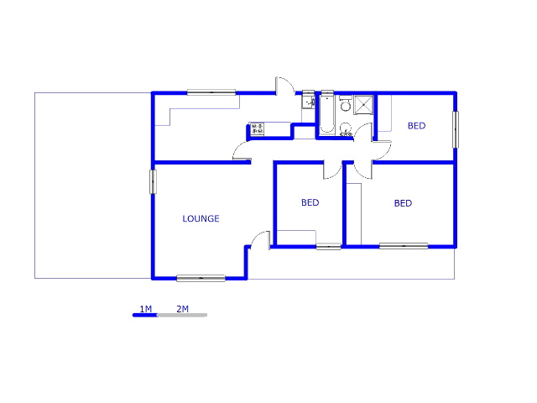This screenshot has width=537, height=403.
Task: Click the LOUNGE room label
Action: pyautogui.click(x=201, y=219)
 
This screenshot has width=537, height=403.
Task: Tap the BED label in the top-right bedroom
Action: pyautogui.click(x=416, y=126)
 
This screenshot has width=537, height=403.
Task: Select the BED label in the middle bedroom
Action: pyautogui.click(x=310, y=202)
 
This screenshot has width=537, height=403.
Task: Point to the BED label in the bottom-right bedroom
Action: pyautogui.click(x=403, y=203)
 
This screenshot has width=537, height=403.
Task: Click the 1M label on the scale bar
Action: pyautogui.click(x=145, y=309)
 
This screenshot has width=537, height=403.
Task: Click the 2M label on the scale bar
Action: pyautogui.click(x=182, y=309)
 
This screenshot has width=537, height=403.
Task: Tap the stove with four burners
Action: pyautogui.click(x=258, y=129)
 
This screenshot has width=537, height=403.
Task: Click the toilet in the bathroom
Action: pyautogui.click(x=345, y=105)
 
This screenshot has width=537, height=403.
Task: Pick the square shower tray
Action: pyautogui.click(x=364, y=104)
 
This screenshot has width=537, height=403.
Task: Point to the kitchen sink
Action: pyautogui.click(x=307, y=102)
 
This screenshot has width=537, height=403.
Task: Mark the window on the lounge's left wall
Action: pyautogui.click(x=154, y=182)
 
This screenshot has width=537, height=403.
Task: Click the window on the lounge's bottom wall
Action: pyautogui.click(x=201, y=278)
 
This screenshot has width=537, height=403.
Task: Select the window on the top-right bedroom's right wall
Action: pyautogui.click(x=456, y=129)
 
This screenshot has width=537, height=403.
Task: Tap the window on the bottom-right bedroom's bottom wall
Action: pyautogui.click(x=403, y=246)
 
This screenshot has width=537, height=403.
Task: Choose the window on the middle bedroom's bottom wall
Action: pyautogui.click(x=328, y=246)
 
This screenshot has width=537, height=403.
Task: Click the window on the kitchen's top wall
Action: pyautogui.click(x=211, y=92)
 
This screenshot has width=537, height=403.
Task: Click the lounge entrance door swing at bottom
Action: pyautogui.click(x=261, y=238)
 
